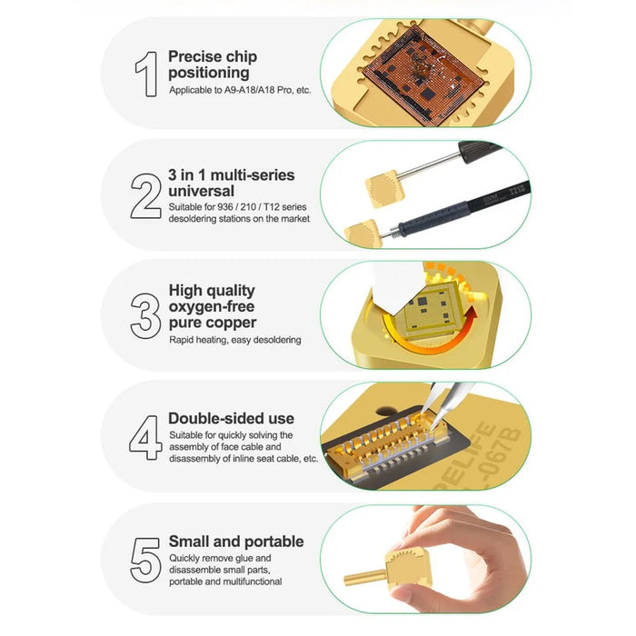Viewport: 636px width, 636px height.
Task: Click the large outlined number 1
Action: pos(147,74)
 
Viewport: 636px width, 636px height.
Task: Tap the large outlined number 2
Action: pos(145,196)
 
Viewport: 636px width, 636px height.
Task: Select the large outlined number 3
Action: pos(145,316)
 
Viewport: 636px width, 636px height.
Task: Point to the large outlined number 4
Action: pos(145,438)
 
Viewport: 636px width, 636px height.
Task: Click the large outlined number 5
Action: pos(145,561)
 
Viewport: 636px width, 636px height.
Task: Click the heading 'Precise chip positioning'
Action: pos(213,65)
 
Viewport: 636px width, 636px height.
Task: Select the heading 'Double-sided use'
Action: pos(231,418)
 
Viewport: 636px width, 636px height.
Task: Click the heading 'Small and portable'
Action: pos(236,542)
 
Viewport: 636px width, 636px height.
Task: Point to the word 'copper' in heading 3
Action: pos(234,323)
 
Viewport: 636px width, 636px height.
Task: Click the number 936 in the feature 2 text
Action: pos(224,207)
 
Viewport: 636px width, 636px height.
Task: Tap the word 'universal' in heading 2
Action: pos(201,191)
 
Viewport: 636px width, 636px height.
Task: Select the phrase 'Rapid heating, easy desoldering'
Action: pos(235,340)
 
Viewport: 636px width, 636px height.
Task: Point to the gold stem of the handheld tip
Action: pos(364,577)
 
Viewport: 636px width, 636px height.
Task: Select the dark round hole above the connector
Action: pos(386,412)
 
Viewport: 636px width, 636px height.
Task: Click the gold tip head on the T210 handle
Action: pos(363,234)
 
